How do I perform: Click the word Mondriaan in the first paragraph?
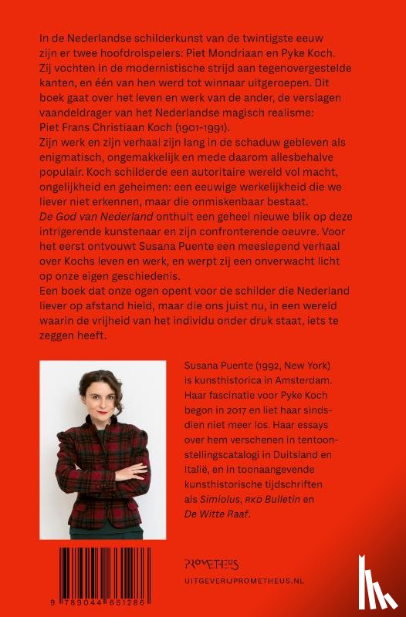(x=272, y=53)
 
